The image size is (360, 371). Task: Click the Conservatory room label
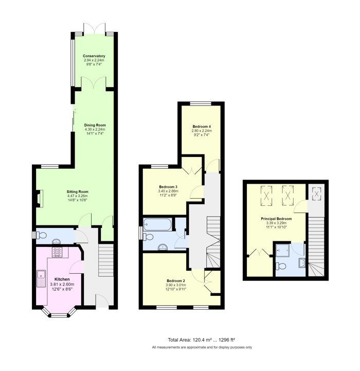[x=94, y=56]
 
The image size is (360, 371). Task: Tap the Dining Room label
[x=95, y=125]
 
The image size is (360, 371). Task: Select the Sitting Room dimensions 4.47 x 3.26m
[x=77, y=196]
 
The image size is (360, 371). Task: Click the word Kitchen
[x=62, y=279]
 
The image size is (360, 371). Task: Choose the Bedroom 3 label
[x=168, y=187]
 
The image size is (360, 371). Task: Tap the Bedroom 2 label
[x=176, y=280]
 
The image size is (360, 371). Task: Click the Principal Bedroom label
[x=276, y=219]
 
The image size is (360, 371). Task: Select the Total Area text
[x=201, y=340]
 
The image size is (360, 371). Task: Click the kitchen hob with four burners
[x=57, y=252]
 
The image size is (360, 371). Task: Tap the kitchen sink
[x=41, y=278]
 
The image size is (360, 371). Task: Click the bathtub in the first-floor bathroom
[x=157, y=224]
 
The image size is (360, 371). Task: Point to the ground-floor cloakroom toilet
[x=41, y=235]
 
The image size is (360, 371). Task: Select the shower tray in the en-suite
[x=283, y=250]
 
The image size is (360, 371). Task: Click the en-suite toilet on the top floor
[x=281, y=266]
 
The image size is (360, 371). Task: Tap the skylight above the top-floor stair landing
[x=316, y=193]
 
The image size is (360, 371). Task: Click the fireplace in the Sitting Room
[x=39, y=199]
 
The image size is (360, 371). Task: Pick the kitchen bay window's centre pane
[x=59, y=315]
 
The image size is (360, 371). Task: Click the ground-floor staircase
[x=106, y=260]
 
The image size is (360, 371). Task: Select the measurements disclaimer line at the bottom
[x=202, y=347]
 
